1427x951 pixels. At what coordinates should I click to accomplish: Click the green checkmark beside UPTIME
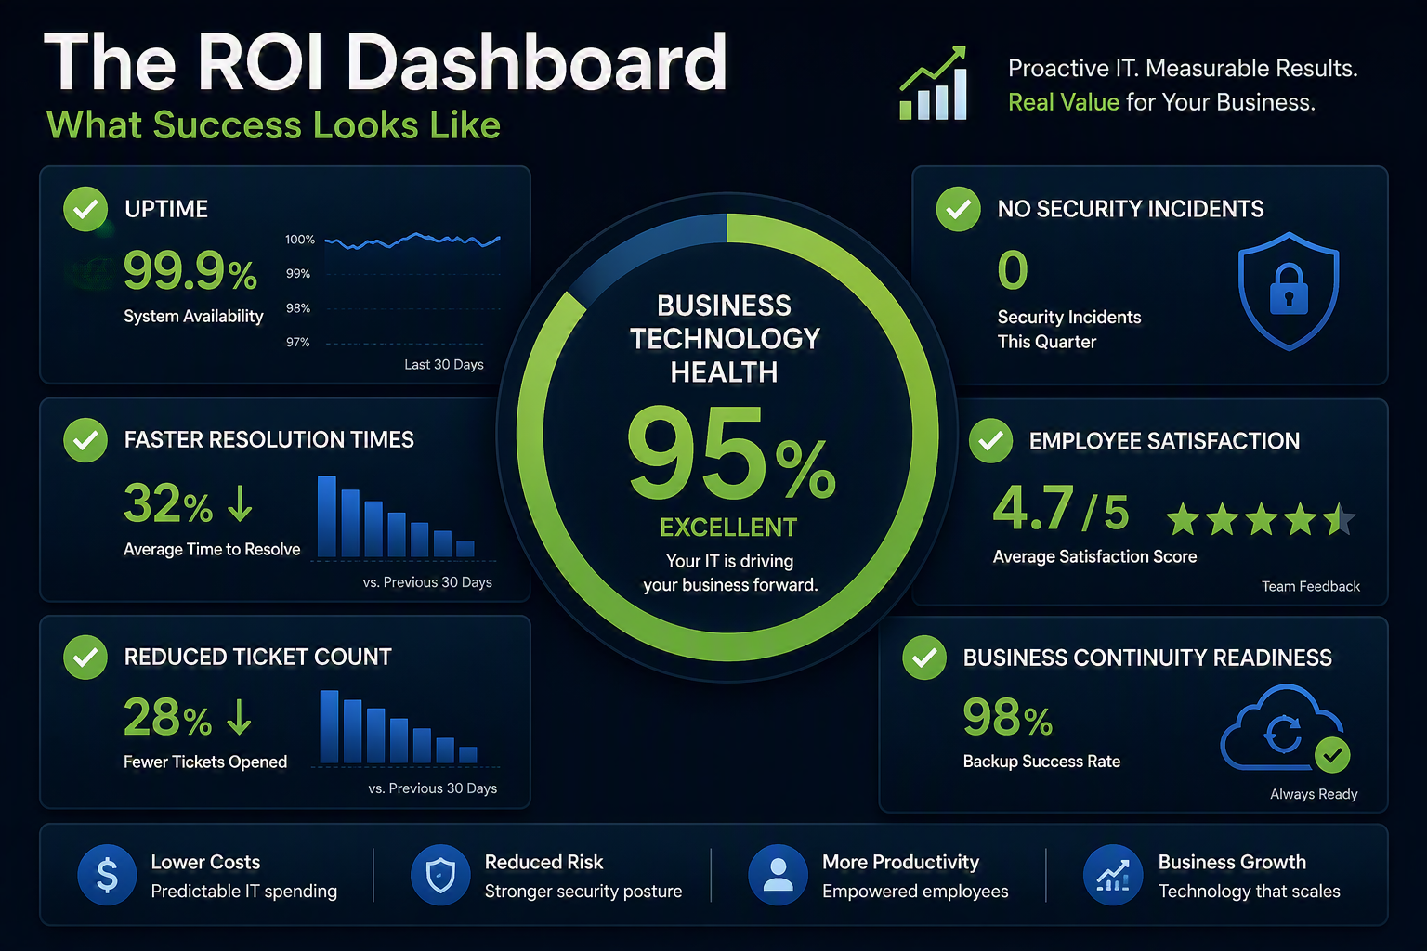[x=85, y=209]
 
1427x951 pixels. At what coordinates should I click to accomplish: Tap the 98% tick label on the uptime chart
[x=298, y=308]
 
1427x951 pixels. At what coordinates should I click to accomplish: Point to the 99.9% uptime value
[x=190, y=270]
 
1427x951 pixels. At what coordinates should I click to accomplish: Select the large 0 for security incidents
[x=1013, y=269]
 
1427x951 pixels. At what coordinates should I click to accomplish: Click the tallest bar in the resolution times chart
[x=327, y=516]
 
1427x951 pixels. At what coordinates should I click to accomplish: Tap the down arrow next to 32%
[x=241, y=503]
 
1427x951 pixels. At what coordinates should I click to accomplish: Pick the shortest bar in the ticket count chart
[x=468, y=754]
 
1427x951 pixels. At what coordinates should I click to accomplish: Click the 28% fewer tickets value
[x=167, y=717]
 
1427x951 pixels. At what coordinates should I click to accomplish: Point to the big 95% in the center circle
[x=731, y=453]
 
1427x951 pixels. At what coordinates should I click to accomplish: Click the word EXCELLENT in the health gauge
[x=728, y=528]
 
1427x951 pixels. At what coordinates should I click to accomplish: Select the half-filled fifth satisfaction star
[x=1339, y=519]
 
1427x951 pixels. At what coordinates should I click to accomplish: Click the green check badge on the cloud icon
[x=1332, y=755]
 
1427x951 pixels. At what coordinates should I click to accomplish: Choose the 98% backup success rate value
[x=1008, y=717]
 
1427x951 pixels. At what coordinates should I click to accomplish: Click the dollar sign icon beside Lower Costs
[x=107, y=875]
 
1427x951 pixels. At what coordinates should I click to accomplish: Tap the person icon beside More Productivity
[x=778, y=875]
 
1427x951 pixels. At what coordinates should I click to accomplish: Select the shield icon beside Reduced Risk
[x=440, y=875]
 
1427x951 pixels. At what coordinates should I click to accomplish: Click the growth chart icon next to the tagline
[x=934, y=83]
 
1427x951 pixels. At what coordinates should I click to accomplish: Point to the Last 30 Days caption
[x=444, y=364]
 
